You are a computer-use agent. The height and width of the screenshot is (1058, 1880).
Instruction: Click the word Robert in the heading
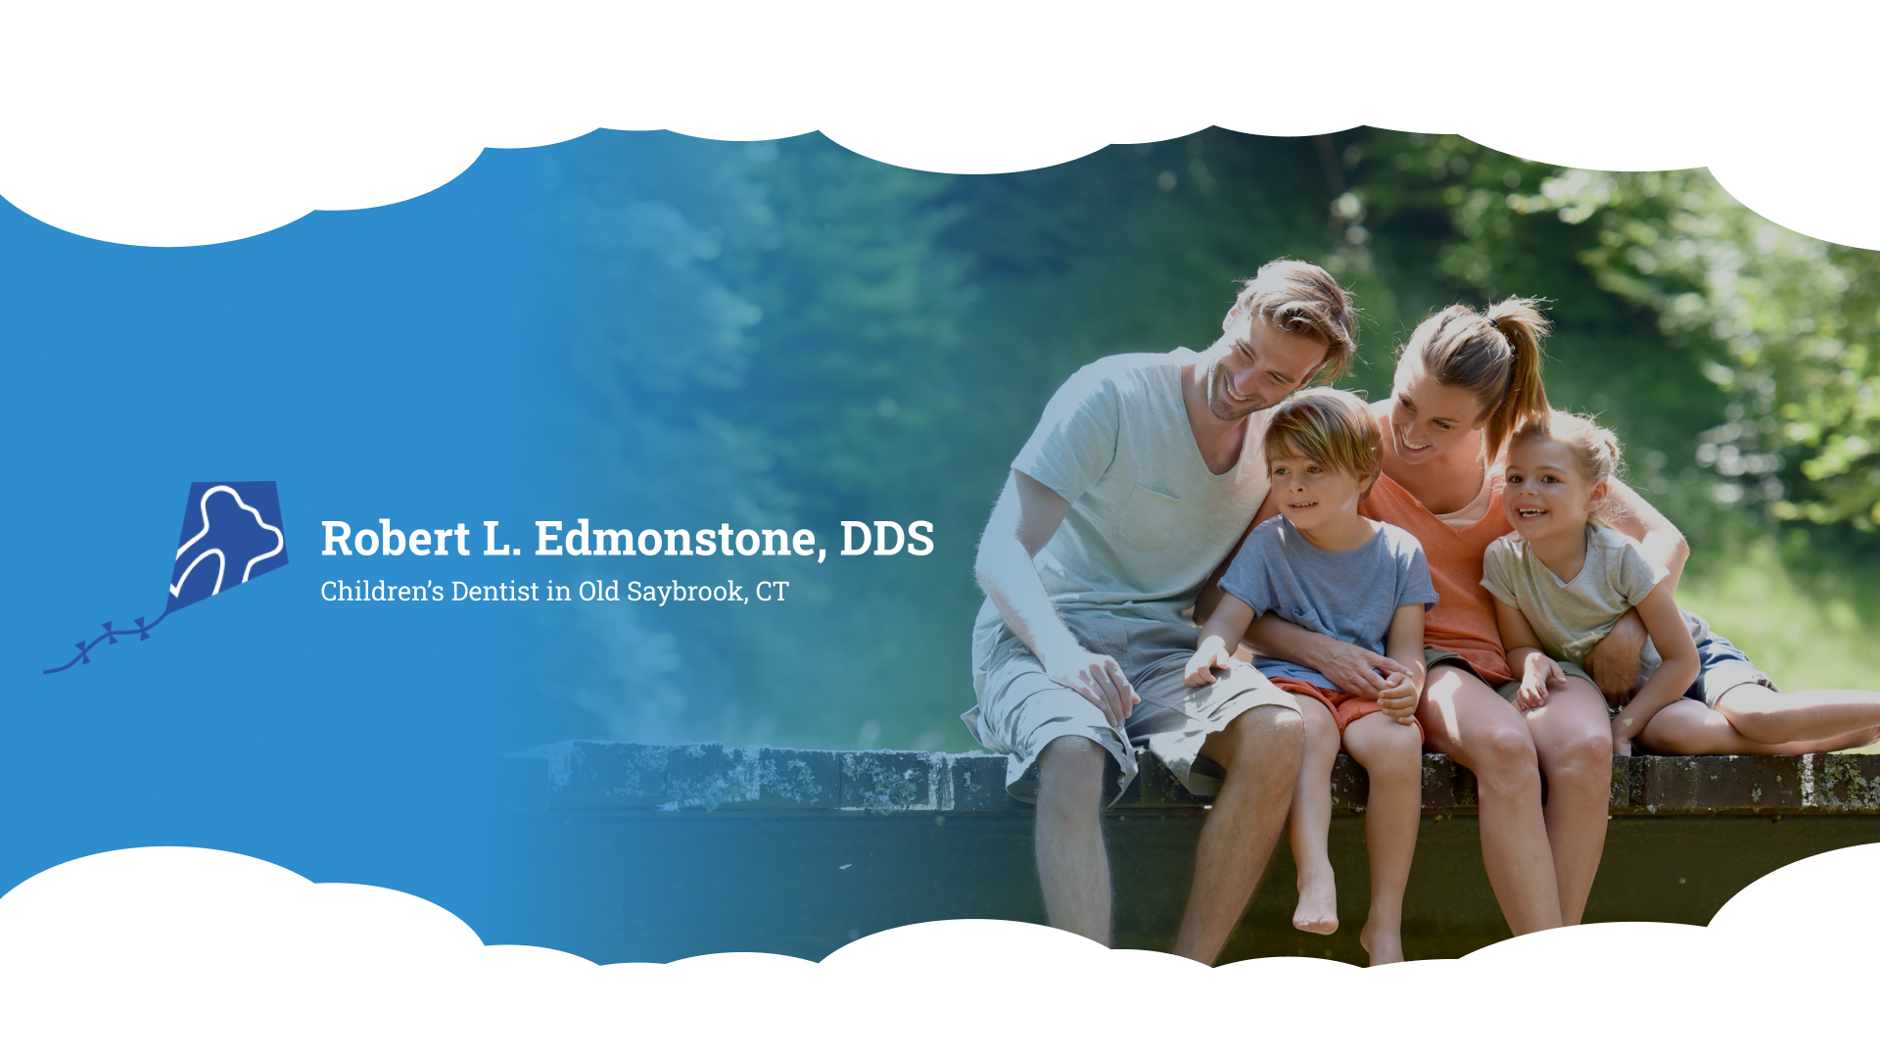tap(396, 538)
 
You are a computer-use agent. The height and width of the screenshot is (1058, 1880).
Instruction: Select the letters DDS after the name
tap(887, 539)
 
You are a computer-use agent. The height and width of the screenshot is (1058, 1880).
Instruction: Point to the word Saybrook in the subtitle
tap(687, 593)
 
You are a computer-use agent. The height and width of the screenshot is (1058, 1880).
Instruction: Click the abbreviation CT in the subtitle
tap(772, 592)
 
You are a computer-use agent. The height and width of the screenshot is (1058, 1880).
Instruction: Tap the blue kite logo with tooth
tap(228, 545)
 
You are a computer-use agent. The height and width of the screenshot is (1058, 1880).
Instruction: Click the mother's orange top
tap(1449, 568)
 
